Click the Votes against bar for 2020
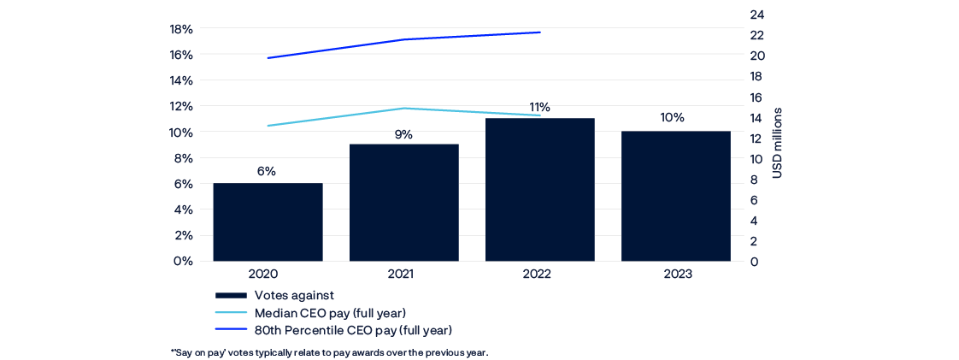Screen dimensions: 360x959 (268, 221)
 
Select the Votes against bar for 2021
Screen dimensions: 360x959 (403, 202)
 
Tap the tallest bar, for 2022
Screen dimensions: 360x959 (539, 189)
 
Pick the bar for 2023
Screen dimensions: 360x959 (675, 196)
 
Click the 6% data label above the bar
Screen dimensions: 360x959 (267, 171)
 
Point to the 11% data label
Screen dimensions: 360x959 (539, 107)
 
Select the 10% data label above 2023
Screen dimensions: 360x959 (674, 118)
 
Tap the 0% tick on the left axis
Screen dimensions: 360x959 (183, 261)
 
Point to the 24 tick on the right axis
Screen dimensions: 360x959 (757, 15)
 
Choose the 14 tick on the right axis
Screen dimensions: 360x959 (757, 118)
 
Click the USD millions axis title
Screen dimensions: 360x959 (778, 144)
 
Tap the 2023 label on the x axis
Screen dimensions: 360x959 (675, 275)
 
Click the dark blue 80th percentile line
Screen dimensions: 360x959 (402, 39)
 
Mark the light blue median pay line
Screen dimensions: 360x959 (342, 116)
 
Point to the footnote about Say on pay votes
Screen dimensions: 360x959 (329, 352)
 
